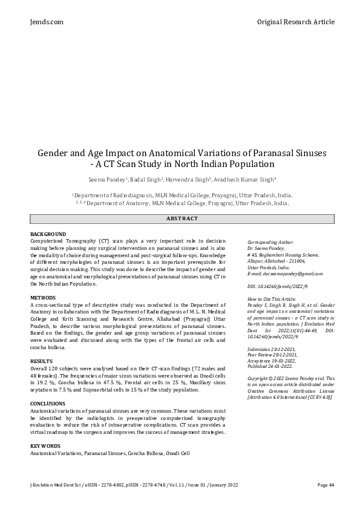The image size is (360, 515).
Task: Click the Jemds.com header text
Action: click(x=47, y=22)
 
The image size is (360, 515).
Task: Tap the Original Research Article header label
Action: click(x=295, y=22)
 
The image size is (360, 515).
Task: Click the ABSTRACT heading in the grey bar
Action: click(x=182, y=218)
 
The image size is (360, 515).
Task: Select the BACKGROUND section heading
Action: click(x=48, y=234)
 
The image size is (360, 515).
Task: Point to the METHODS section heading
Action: click(x=43, y=298)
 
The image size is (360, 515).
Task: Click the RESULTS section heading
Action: click(x=42, y=361)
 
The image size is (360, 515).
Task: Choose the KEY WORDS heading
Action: click(x=45, y=445)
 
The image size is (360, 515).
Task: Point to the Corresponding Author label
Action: click(x=270, y=241)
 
